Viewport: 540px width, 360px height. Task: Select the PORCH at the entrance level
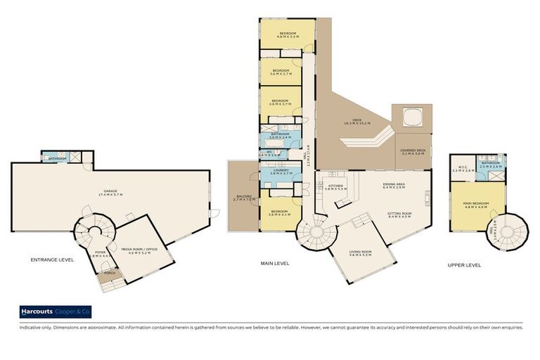coord(109,274)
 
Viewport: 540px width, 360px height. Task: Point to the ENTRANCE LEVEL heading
coord(52,259)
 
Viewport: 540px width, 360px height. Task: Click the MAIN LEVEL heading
coord(275,264)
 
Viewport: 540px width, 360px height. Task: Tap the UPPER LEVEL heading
coord(465,265)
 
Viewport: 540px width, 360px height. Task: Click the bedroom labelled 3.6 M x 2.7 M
coord(281,71)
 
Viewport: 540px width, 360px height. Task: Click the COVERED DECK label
coord(412,150)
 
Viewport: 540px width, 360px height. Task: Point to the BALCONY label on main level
coord(241,197)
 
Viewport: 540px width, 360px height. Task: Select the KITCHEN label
coord(335,186)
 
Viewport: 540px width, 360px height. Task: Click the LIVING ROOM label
coord(360,252)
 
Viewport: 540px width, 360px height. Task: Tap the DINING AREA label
coord(393,186)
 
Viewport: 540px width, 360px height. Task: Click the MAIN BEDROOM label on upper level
coord(475,205)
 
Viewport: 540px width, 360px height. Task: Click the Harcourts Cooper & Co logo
coord(56,312)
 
